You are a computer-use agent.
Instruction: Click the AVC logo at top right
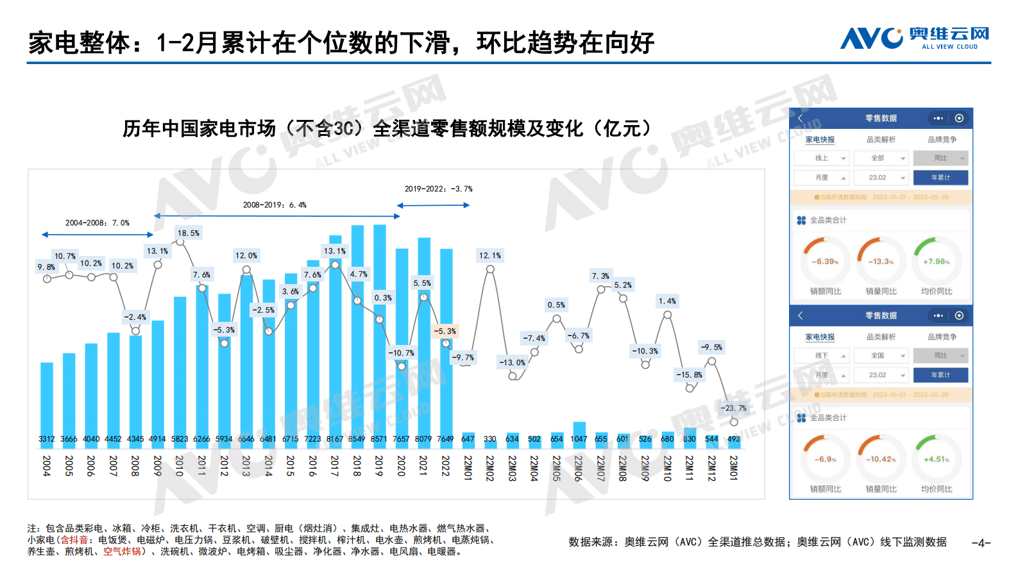914,38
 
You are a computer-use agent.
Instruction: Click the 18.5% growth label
189,233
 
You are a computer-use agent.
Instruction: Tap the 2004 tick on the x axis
47,466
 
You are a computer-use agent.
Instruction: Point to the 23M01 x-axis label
734,467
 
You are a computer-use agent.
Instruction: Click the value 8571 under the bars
379,439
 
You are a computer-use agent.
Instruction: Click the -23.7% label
733,408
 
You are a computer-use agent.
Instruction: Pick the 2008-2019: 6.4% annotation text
275,205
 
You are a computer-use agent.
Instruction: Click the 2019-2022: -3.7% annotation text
438,189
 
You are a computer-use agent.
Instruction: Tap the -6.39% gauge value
825,262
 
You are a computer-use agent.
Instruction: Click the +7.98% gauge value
936,262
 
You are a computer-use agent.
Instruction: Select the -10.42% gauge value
881,459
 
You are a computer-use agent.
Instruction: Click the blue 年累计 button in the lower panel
940,375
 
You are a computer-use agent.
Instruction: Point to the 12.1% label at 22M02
489,256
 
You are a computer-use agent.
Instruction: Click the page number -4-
981,543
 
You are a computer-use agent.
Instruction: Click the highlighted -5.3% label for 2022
445,332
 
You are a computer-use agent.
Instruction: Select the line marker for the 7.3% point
601,289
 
